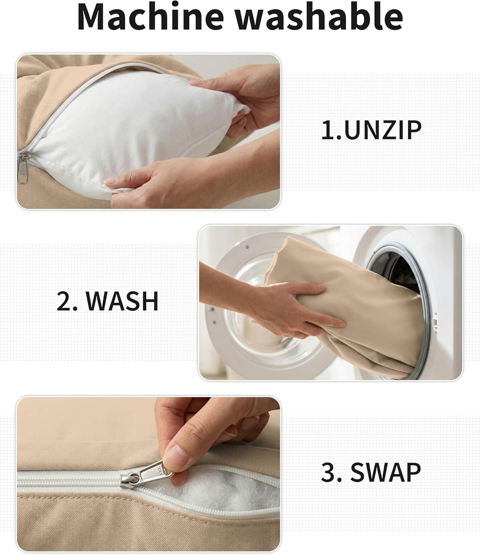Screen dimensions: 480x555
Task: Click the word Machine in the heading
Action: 150,17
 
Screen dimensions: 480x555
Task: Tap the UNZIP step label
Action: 382,130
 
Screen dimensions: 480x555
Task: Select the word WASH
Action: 122,301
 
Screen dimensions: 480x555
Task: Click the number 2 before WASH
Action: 64,301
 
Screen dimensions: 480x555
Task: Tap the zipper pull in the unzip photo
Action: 23,168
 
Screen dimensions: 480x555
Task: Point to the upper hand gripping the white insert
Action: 242,99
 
